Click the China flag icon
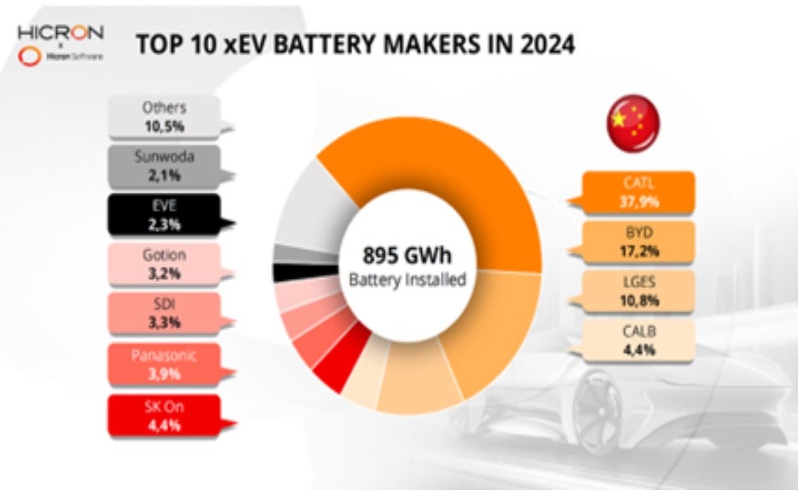[x=633, y=121]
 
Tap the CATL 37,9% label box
[x=639, y=193]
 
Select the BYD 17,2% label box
[x=639, y=242]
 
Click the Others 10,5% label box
[x=164, y=117]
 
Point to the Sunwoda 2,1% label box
[x=164, y=166]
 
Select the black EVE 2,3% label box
[x=164, y=215]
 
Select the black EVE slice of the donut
[x=283, y=273]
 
